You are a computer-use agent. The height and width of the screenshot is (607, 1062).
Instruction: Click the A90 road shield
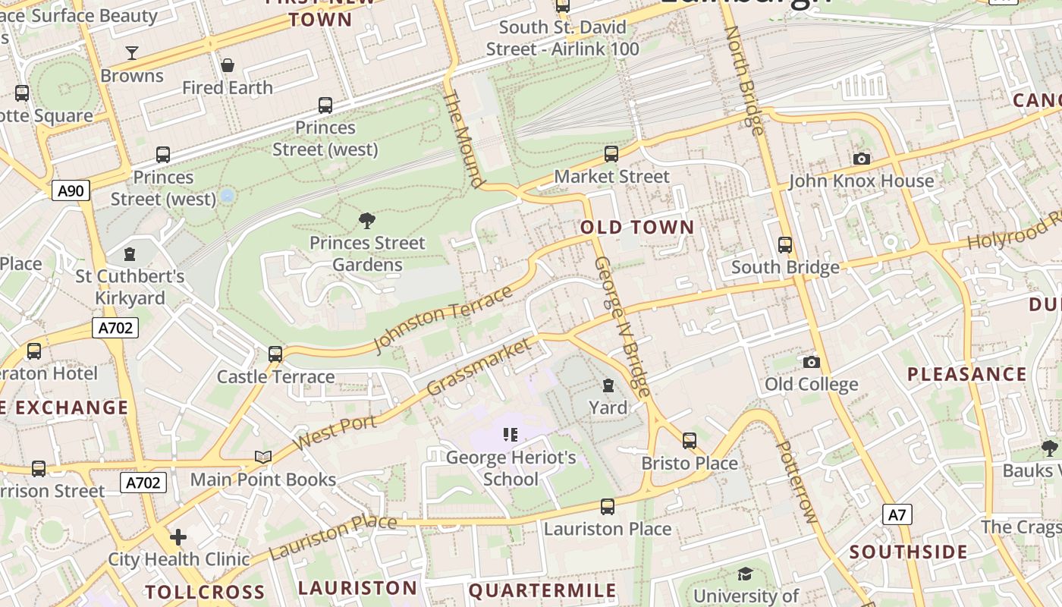tap(71, 190)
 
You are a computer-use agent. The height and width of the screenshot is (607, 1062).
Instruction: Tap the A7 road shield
tap(897, 515)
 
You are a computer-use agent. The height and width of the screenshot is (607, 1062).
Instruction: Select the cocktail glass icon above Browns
tap(132, 52)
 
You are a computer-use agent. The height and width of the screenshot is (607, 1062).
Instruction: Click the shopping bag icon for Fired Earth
tap(227, 65)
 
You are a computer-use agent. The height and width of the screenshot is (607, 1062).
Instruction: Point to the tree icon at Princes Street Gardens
tap(367, 221)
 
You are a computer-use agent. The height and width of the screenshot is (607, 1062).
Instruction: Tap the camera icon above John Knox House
tap(861, 159)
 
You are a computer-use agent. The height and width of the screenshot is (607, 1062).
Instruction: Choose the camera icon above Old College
tap(811, 362)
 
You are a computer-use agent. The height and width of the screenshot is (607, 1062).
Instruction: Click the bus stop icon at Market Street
tap(611, 154)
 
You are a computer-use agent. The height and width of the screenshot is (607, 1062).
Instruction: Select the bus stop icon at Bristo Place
tap(689, 440)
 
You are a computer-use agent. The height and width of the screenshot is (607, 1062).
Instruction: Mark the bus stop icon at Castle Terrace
tap(275, 354)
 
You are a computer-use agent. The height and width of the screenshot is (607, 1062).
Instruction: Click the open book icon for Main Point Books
tap(263, 457)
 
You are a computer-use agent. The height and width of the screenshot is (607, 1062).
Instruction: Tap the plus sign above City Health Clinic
tap(178, 537)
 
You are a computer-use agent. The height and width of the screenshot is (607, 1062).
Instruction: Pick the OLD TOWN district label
tap(637, 227)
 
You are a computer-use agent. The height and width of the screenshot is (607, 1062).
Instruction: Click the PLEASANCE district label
tap(967, 374)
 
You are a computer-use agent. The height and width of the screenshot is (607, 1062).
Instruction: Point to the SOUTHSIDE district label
tap(908, 552)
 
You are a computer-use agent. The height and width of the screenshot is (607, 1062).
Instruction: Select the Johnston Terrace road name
tap(443, 319)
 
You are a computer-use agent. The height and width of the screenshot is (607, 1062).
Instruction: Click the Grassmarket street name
tap(479, 367)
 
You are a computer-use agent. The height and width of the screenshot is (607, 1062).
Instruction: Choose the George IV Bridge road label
tap(622, 326)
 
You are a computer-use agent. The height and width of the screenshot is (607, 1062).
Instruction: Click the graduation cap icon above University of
tap(745, 574)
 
